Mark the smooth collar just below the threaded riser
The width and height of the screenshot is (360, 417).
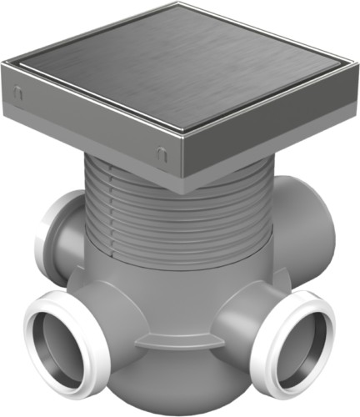(x=167, y=259)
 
